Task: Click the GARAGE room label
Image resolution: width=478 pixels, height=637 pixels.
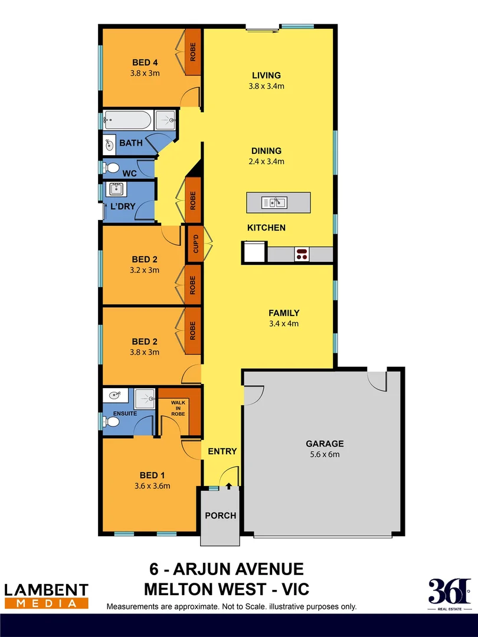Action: (x=325, y=444)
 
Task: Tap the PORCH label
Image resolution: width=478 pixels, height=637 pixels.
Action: (x=220, y=515)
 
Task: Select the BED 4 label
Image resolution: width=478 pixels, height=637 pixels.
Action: (x=145, y=63)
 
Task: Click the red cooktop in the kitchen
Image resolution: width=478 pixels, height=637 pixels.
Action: (x=302, y=254)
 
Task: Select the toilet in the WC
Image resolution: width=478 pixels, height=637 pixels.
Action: (x=110, y=168)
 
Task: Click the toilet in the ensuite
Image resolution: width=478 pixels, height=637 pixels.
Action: (x=110, y=422)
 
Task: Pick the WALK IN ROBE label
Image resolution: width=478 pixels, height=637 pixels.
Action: (x=178, y=408)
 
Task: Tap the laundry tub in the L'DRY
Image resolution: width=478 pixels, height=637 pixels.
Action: (x=114, y=189)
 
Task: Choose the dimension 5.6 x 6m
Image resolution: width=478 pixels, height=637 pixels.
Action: (x=325, y=454)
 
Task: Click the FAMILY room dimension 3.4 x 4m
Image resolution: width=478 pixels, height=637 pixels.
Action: (x=284, y=323)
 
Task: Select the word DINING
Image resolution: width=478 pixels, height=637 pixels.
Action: (x=266, y=150)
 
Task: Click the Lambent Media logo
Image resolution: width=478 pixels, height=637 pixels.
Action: (x=47, y=595)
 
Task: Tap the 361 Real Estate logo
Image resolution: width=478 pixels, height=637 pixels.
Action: (x=450, y=595)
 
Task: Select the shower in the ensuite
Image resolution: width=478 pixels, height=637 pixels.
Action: (x=144, y=399)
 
